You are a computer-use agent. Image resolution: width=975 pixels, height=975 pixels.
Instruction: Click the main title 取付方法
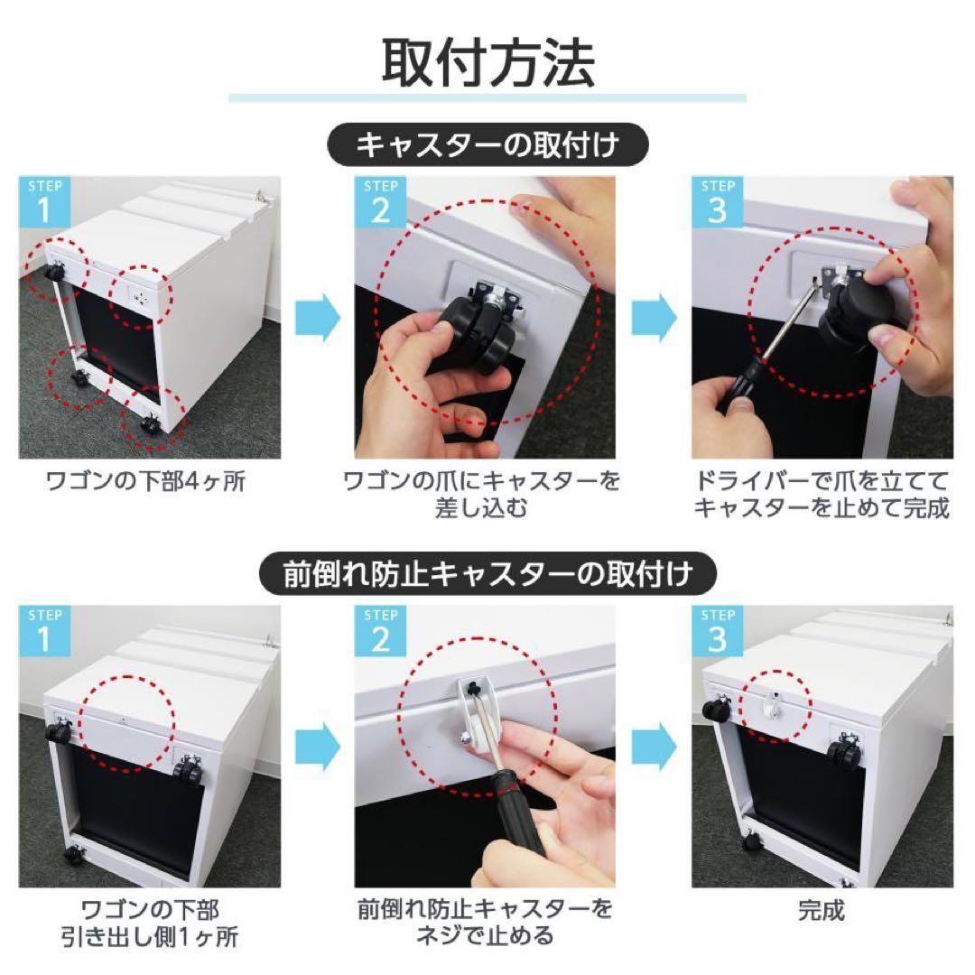click(x=487, y=61)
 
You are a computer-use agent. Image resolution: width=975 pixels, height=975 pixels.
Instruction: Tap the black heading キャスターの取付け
click(x=488, y=145)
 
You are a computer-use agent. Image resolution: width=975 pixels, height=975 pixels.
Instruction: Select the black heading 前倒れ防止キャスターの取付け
click(x=488, y=572)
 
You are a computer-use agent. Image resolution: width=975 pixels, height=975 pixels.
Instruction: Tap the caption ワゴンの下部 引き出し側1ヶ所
click(x=146, y=922)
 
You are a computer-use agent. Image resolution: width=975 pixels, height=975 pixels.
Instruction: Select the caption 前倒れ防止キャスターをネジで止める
click(x=484, y=922)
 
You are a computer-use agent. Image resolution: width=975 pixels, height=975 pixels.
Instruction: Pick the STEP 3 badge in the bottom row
click(x=718, y=630)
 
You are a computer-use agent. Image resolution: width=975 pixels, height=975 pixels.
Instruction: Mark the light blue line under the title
click(x=487, y=97)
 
